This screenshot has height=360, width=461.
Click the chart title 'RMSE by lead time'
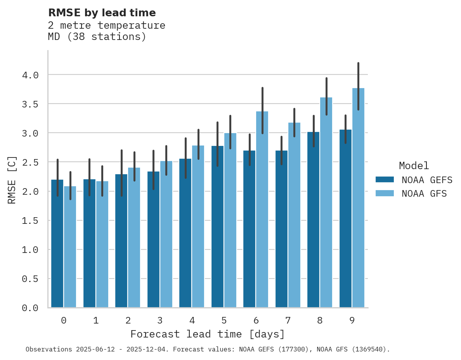click(102, 13)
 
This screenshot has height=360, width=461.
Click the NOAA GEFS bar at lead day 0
click(57, 244)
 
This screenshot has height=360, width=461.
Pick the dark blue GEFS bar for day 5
click(218, 229)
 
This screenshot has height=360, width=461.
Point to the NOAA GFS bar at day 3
click(166, 237)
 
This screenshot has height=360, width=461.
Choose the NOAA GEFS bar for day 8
click(314, 221)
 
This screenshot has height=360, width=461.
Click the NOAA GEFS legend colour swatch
click(385, 180)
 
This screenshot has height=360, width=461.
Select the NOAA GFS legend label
click(424, 194)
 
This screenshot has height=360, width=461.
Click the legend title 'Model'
click(414, 166)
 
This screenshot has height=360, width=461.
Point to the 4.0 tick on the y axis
click(30, 75)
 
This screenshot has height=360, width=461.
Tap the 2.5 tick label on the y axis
click(30, 162)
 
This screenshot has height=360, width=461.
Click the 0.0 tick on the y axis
click(30, 308)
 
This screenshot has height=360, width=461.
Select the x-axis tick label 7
click(288, 320)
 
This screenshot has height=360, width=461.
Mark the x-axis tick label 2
click(128, 320)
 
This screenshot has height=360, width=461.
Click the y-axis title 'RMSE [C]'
click(12, 180)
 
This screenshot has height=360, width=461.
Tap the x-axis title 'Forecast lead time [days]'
click(208, 334)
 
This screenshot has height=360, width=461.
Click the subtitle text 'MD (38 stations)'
click(97, 37)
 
